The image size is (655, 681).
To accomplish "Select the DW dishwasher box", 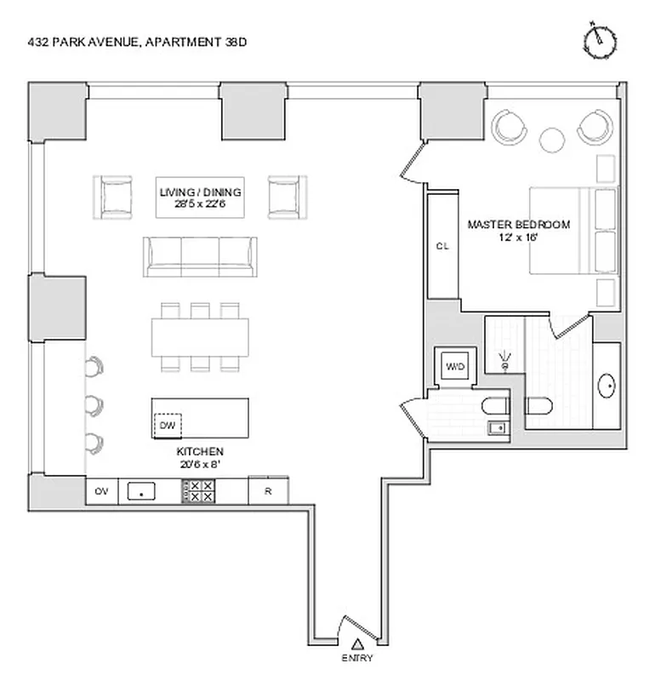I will pos(168,423).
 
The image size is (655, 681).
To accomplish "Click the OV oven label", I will pos(101,491).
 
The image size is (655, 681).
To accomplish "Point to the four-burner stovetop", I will pos(199,491).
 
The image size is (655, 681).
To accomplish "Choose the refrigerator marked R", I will pos(268,491).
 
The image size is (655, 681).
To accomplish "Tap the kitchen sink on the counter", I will pos(141,491).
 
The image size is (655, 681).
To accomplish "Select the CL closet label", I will pos(442,246).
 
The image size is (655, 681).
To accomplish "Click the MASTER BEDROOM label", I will pos(518,231).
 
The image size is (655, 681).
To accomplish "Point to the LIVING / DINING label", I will pos(200,197).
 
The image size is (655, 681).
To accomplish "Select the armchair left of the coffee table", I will pos(113,197).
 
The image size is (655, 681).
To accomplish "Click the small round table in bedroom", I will pos(553,138).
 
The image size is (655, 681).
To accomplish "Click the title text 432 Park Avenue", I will pos(140,41).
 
